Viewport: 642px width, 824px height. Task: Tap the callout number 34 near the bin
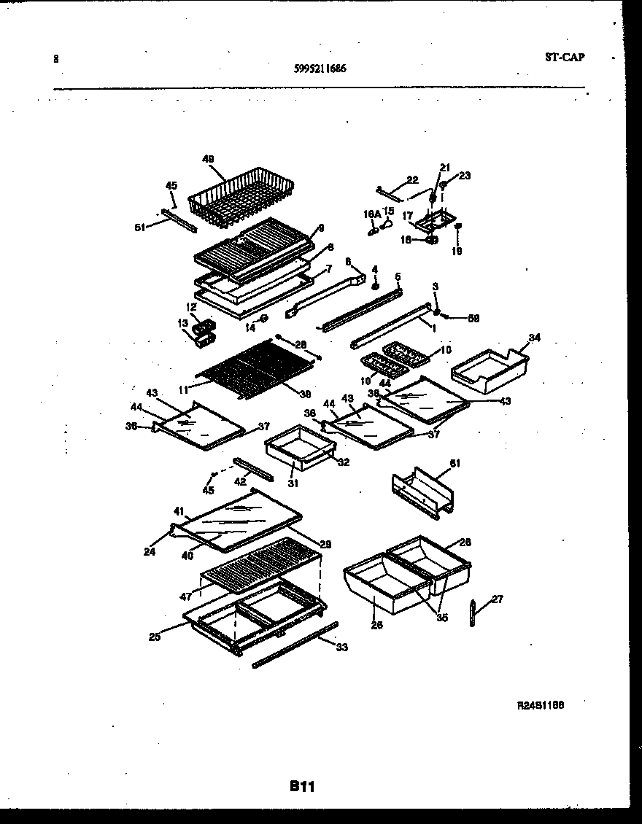point(535,338)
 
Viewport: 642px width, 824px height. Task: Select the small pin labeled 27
point(472,613)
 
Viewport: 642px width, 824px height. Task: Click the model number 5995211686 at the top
point(320,69)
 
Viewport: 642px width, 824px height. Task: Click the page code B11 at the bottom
point(301,786)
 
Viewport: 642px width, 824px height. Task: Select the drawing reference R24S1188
point(541,705)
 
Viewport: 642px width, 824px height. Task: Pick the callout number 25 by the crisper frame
point(154,637)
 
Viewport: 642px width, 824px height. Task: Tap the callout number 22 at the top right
point(412,179)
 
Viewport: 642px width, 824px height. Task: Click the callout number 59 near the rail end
point(473,318)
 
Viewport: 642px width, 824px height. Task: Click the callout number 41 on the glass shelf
point(179,510)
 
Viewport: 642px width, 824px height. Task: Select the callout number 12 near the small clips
point(191,307)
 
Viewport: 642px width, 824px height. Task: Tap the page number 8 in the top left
point(56,59)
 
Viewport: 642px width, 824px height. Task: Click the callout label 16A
point(372,214)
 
